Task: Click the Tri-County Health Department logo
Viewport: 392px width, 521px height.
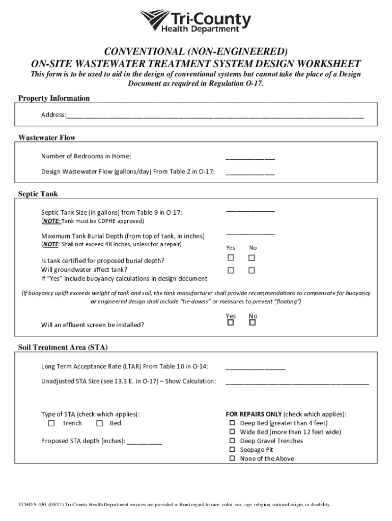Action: coord(195,22)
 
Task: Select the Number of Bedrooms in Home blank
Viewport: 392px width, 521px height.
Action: coord(250,158)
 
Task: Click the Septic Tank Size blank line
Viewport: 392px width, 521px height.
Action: coord(250,210)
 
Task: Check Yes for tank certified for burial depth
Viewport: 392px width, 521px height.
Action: coord(231,258)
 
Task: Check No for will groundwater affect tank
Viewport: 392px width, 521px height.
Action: coord(251,270)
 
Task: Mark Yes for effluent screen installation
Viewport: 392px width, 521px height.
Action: coord(231,323)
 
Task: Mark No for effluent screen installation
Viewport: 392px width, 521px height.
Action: coord(251,323)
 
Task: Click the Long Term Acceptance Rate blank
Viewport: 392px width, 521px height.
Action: coord(256,368)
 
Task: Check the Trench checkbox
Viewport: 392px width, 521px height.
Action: coord(51,423)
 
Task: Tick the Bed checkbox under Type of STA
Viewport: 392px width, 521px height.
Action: coord(99,423)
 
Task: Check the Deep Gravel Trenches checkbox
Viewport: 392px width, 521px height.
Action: coord(232,441)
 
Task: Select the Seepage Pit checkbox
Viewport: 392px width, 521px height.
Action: coord(232,450)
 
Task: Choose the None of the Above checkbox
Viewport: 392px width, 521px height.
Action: coord(232,458)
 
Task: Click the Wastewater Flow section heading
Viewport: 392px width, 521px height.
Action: coord(47,138)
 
